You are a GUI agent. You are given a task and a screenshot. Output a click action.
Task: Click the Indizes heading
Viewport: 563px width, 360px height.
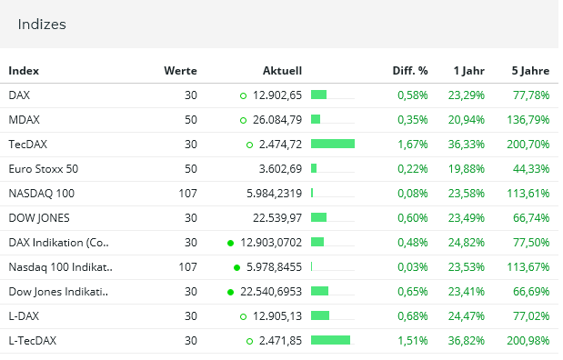[x=42, y=25]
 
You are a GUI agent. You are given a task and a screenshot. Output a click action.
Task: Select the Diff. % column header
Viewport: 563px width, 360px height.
[x=409, y=71]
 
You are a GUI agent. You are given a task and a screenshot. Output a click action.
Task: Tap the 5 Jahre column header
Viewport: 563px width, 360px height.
[x=530, y=71]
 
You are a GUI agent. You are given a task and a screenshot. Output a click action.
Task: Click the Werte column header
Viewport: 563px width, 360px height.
[x=180, y=71]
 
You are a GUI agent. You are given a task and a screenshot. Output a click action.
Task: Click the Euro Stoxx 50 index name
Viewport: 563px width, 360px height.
[x=43, y=168]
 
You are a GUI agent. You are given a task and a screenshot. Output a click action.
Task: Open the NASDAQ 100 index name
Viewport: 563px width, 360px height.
[x=41, y=193]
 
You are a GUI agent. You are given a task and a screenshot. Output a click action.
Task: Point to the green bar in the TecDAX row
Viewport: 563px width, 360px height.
[x=332, y=144]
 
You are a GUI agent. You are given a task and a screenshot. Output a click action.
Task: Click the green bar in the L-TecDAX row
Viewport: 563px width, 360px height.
[x=330, y=340]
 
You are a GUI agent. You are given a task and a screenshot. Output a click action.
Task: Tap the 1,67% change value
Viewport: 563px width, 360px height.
[x=412, y=144]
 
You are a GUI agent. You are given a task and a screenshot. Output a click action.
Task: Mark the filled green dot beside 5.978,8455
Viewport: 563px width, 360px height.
[x=236, y=267]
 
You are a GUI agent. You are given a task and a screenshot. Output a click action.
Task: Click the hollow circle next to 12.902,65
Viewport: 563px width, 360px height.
[x=243, y=95]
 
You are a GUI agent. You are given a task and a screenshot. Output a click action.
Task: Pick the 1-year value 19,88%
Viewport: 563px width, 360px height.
[x=467, y=168]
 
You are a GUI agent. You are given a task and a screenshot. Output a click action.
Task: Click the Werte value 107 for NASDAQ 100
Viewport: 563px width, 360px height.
[x=187, y=193]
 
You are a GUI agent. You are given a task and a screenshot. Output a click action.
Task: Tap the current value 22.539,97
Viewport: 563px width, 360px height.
[x=270, y=217]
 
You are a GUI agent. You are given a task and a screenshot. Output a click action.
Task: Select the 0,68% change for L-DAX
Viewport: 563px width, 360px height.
[x=412, y=315]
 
